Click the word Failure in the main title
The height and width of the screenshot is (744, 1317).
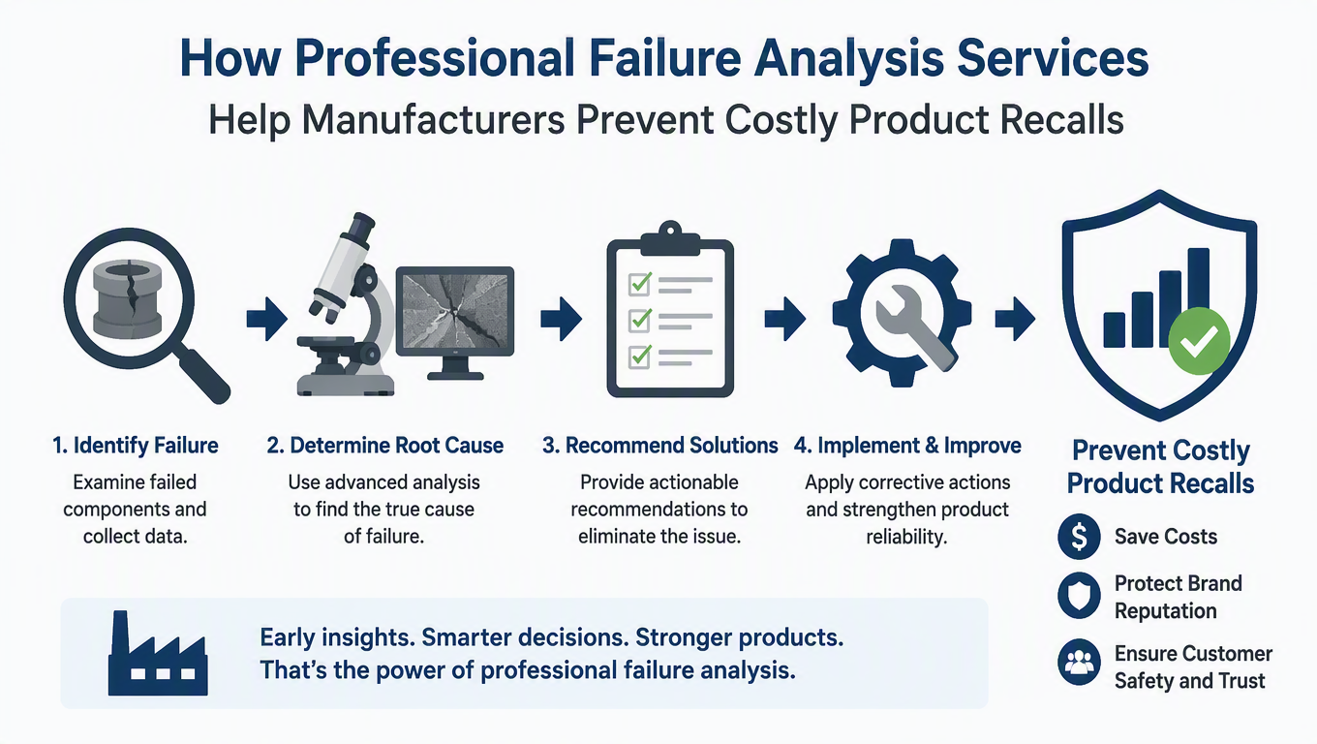[x=665, y=58]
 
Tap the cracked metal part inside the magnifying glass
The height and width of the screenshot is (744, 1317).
[x=128, y=300]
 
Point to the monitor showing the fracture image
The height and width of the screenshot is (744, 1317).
[x=455, y=323]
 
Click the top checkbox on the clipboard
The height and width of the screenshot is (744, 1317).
[x=640, y=284]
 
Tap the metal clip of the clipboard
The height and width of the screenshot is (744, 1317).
[x=670, y=238]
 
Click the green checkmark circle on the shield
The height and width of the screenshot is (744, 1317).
[x=1199, y=341]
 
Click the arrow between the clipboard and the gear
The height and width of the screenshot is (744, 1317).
[x=785, y=320]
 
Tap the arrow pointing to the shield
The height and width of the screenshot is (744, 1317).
[x=1016, y=320]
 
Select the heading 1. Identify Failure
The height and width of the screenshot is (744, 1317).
[x=136, y=446]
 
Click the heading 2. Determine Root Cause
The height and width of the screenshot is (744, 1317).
[x=385, y=446]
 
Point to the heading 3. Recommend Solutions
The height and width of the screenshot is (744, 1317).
[x=659, y=446]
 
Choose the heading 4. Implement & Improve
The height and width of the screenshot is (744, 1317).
[x=907, y=446]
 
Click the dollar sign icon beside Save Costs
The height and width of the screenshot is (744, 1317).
[x=1079, y=537]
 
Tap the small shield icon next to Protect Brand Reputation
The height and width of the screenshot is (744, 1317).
[x=1079, y=595]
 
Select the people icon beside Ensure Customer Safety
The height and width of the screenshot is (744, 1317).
[x=1079, y=663]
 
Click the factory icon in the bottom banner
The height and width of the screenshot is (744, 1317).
[x=158, y=654]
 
